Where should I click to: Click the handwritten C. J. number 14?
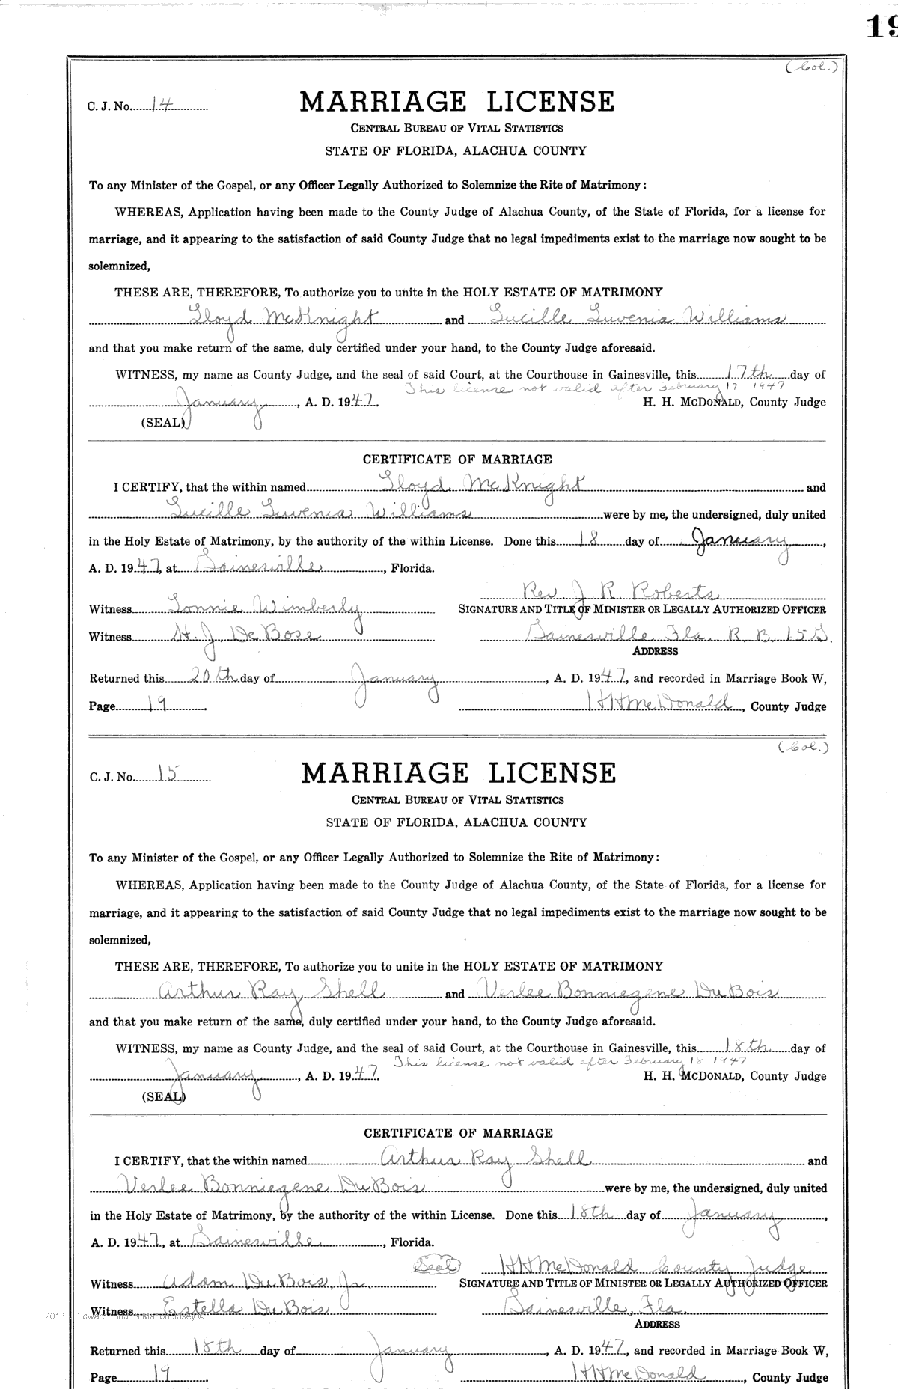tap(159, 106)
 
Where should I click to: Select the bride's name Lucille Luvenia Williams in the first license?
tap(629, 319)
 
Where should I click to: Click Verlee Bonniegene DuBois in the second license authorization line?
tap(631, 992)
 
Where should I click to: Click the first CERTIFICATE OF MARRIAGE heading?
tap(457, 459)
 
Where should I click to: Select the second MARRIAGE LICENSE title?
tap(458, 773)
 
